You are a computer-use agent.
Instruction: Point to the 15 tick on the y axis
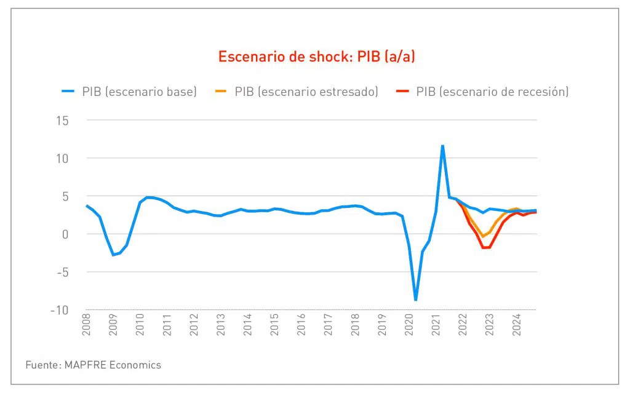coord(61,121)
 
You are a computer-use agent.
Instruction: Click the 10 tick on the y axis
coord(61,159)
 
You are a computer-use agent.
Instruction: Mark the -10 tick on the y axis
coord(59,310)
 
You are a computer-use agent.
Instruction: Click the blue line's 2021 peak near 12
coord(442,146)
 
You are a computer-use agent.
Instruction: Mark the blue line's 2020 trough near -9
coord(416,300)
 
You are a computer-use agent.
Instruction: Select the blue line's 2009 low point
coord(113,255)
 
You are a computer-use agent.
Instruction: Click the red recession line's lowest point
coord(486,248)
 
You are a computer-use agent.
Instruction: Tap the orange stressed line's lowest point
coord(484,236)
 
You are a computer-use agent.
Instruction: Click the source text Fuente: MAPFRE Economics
coord(93,365)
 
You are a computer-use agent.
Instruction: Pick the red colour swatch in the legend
coord(403,92)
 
